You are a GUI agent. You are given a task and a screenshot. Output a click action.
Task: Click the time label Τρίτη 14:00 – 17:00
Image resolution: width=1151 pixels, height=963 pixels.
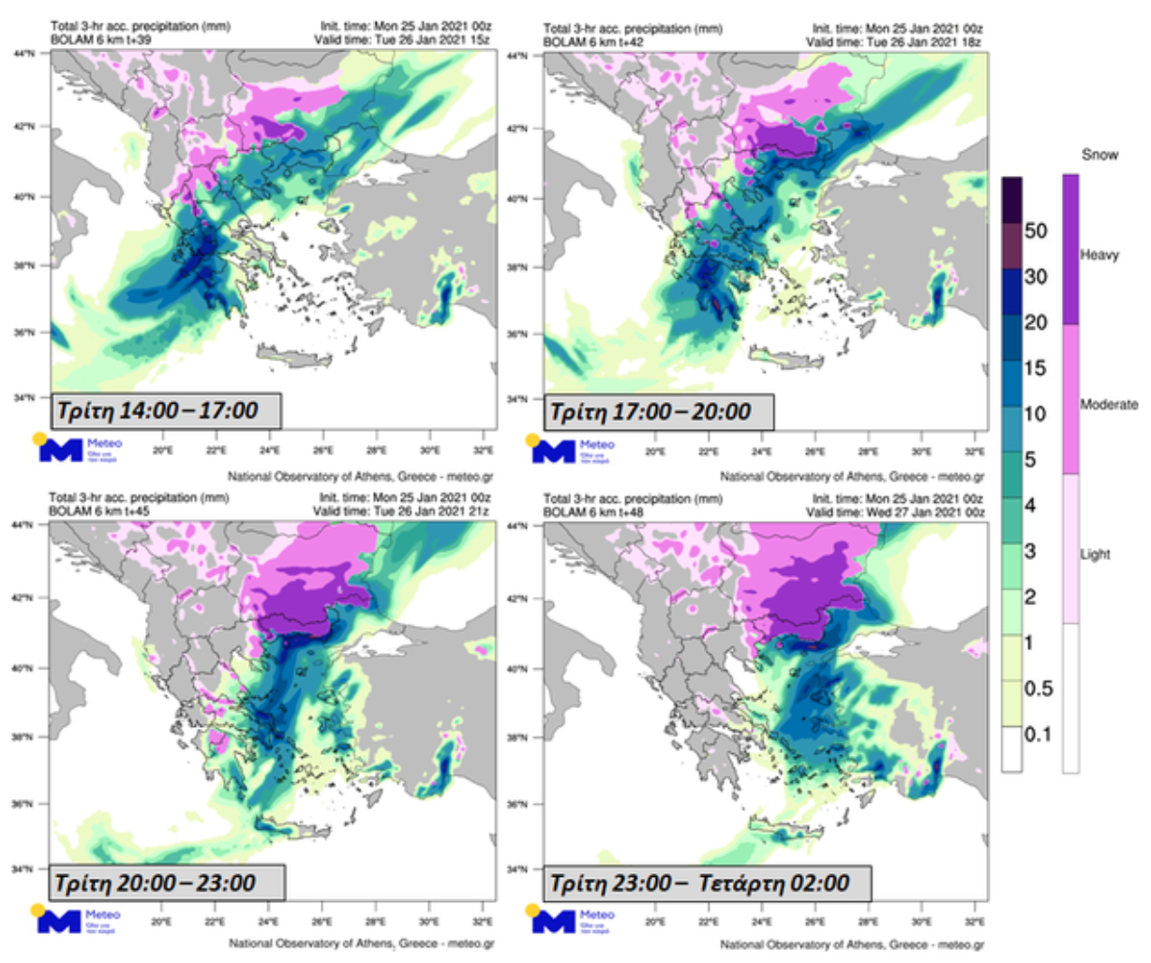157,410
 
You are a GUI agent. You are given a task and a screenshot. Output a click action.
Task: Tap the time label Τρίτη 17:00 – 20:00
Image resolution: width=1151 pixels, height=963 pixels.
650,411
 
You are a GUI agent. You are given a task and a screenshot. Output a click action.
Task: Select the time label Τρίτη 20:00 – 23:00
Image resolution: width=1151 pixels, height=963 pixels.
155,882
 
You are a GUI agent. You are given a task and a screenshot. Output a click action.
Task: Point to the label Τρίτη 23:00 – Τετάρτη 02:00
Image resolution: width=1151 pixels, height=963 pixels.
699,883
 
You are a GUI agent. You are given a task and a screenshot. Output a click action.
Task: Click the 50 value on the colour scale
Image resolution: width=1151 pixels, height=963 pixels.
1036,230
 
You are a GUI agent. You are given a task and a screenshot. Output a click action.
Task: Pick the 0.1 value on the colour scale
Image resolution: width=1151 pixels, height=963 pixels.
1038,734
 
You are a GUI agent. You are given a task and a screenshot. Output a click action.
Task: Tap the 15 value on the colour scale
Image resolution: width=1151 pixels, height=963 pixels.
1036,368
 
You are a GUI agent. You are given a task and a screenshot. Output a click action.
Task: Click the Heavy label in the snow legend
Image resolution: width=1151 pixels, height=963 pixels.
1099,255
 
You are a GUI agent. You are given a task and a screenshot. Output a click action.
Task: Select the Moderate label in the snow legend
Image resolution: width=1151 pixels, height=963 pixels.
1109,405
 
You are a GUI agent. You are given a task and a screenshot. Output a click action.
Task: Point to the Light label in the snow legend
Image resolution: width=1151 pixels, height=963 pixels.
1095,555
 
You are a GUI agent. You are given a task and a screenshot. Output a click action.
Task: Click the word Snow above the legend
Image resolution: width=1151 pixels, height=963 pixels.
1099,155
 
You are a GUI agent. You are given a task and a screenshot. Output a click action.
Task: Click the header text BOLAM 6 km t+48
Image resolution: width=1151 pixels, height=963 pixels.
593,511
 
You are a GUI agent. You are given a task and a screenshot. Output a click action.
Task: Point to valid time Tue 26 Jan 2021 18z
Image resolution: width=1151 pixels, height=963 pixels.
895,41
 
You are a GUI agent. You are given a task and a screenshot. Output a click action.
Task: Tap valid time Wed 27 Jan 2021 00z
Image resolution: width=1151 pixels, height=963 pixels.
894,511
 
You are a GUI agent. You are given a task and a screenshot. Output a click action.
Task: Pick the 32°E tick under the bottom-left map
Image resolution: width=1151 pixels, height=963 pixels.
484,908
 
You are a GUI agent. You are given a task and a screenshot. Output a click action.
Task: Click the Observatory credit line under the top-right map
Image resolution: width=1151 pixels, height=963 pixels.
852,477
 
